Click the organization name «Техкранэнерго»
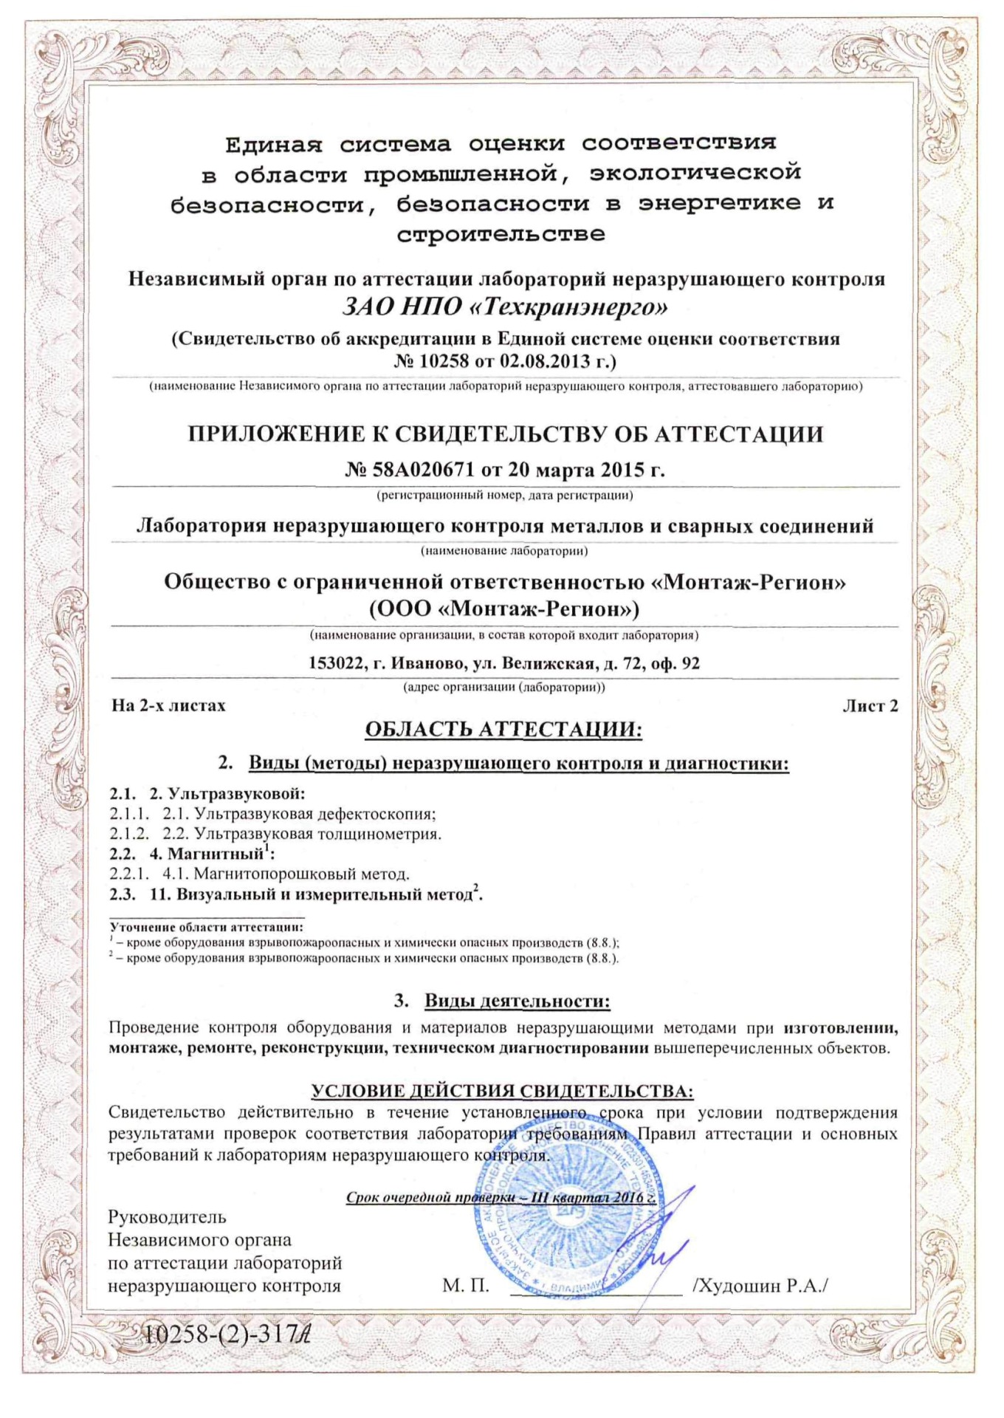[x=568, y=306]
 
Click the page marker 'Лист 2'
[x=870, y=706]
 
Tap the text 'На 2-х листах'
[x=168, y=705]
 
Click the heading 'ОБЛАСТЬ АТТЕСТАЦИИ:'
[x=503, y=730]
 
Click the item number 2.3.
[x=123, y=895]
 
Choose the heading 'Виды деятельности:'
[x=517, y=1001]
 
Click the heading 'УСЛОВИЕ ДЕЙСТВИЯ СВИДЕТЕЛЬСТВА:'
[x=502, y=1092]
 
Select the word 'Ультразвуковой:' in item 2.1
[x=236, y=794]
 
